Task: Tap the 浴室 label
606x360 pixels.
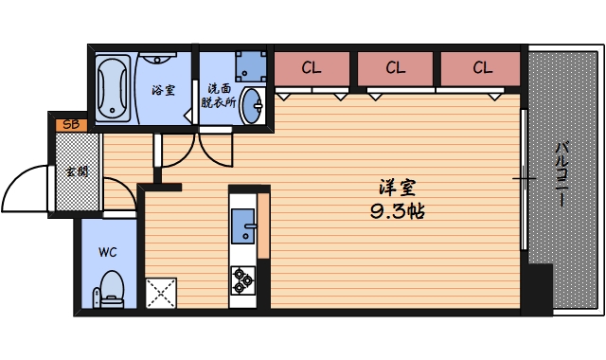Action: (x=163, y=91)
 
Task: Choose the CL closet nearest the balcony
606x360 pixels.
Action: (x=482, y=67)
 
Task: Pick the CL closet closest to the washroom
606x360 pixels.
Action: (x=311, y=67)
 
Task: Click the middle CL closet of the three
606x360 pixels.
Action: (x=396, y=67)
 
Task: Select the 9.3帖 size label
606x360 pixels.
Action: (x=397, y=211)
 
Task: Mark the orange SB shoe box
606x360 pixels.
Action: (x=70, y=124)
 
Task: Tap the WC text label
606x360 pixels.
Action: (x=108, y=253)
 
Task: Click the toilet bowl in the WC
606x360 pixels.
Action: (x=112, y=286)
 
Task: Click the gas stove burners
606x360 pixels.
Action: (x=243, y=277)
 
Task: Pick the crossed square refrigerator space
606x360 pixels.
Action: (x=161, y=292)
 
